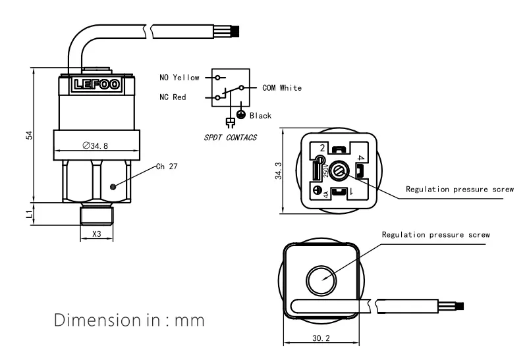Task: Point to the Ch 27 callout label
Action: [x=166, y=167]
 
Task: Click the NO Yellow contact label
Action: [x=179, y=78]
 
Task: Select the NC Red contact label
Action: [x=173, y=97]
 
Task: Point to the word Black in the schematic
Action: [x=260, y=116]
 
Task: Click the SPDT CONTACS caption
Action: [x=230, y=138]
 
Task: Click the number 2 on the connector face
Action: [x=321, y=147]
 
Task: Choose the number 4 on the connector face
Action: [x=360, y=159]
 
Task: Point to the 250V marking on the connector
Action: [x=325, y=172]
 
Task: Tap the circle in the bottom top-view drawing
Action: [x=321, y=279]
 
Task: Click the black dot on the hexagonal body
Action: [x=113, y=186]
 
